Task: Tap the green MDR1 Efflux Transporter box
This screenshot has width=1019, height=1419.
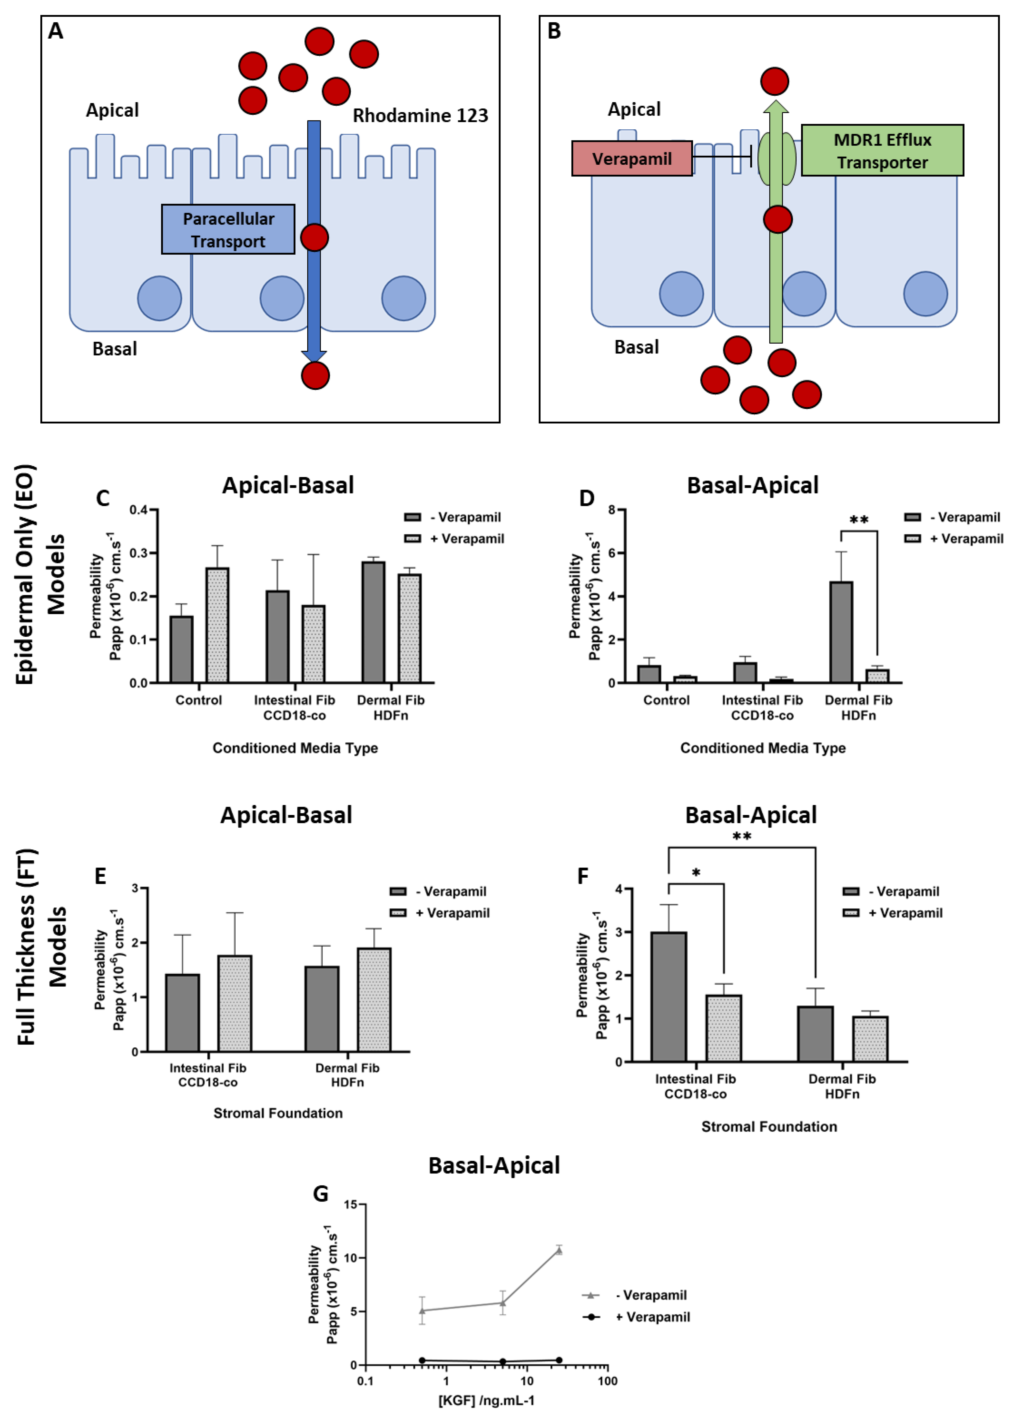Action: click(x=882, y=151)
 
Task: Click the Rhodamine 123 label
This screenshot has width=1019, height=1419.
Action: click(x=420, y=116)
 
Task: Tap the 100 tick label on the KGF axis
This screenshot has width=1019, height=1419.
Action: click(x=608, y=1381)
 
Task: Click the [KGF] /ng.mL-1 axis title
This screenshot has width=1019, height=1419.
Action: click(x=487, y=1400)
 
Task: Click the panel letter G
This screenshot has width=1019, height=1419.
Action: click(x=320, y=1194)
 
